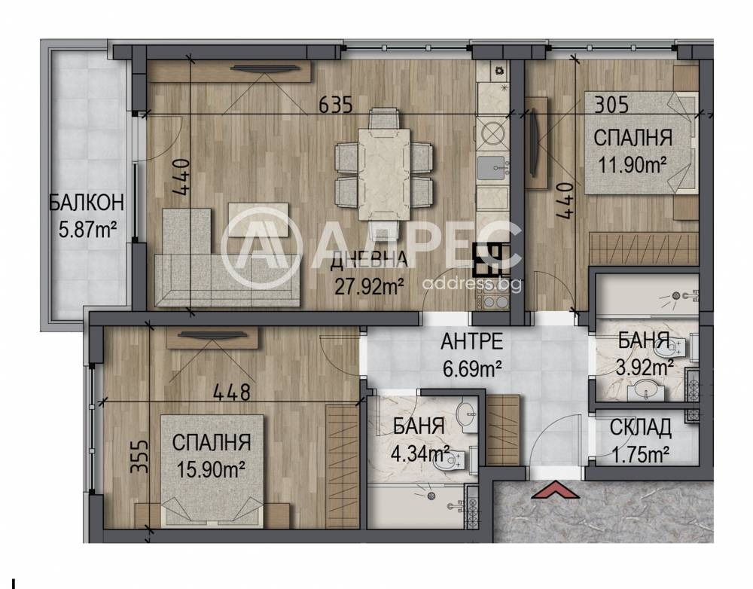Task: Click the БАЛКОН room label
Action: (87, 203)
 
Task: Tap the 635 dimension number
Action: (336, 104)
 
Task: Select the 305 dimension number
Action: (611, 104)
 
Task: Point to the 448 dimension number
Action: (232, 392)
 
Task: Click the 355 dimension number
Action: (140, 457)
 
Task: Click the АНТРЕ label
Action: (471, 341)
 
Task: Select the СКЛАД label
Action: (641, 428)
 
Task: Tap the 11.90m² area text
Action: (632, 165)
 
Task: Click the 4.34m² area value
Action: (420, 453)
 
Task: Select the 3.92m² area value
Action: (645, 368)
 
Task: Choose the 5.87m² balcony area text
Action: (88, 230)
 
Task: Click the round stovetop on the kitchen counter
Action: (492, 133)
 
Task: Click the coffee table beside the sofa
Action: (258, 220)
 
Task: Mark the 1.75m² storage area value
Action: (641, 454)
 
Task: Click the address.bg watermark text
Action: (471, 284)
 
